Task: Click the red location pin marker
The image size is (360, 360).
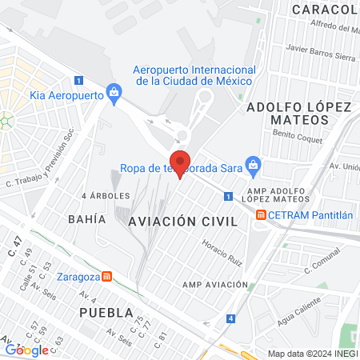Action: tap(180, 162)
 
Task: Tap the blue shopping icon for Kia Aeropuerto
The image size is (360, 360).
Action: tap(114, 94)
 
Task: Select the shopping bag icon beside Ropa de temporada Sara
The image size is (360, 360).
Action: tap(254, 167)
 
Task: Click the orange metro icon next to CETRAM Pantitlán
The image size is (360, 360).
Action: tap(261, 214)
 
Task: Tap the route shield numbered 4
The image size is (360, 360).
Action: tap(231, 318)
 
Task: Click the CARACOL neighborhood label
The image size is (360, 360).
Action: tap(324, 9)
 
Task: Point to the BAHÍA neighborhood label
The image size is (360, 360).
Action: tap(87, 218)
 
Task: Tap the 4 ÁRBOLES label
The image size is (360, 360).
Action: tap(106, 195)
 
